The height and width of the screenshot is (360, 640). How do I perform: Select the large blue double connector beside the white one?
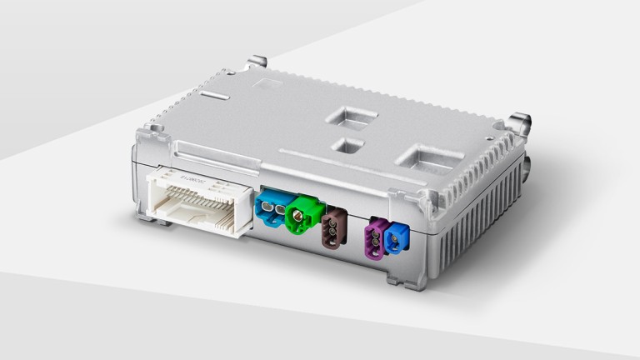(271, 209)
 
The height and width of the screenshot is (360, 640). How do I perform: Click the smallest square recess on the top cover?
(347, 146)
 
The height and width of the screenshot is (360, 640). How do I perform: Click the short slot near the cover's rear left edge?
(215, 97)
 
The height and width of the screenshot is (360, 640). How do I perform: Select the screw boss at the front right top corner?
(428, 202)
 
